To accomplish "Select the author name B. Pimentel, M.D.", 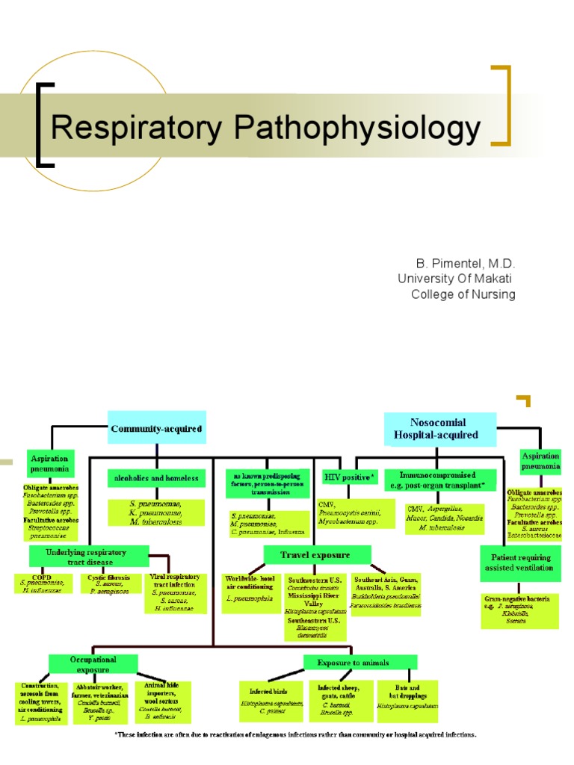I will point(466,264).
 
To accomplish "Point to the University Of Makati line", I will point(457,279).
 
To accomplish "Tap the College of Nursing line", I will point(463,294).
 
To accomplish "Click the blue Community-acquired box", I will point(156,429).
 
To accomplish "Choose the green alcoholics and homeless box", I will point(156,477).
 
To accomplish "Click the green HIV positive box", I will point(350,476).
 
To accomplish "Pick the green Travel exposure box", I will point(317,555).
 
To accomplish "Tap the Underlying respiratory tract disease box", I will point(89,556).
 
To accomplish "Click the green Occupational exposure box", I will point(93,664).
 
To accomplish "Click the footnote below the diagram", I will point(294,735).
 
